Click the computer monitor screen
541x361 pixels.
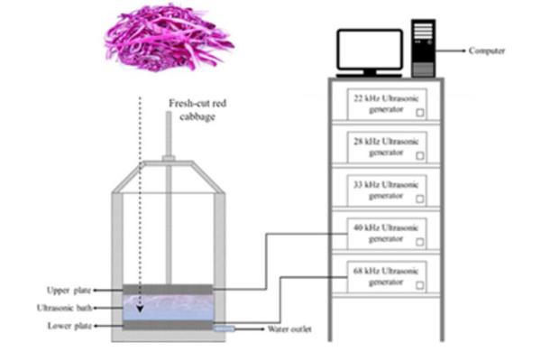point(369,50)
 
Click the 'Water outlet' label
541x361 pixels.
point(289,330)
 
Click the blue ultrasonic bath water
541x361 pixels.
point(167,308)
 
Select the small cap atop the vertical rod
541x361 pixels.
point(168,160)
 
